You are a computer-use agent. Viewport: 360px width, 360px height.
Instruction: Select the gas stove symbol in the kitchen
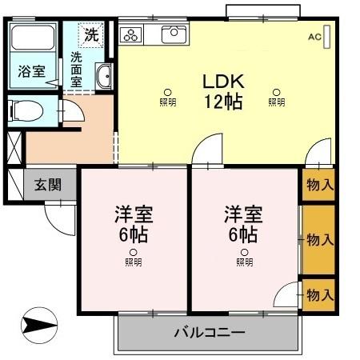(132, 34)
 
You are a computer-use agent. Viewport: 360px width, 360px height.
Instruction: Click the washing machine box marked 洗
(91, 35)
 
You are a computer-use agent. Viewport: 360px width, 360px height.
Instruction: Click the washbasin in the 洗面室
(104, 77)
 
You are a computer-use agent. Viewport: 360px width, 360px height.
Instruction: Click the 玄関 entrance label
(46, 185)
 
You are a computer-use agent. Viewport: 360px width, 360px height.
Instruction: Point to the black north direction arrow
(40, 326)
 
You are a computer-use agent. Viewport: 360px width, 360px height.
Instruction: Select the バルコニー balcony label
(210, 332)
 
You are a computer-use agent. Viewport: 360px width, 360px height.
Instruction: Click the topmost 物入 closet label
(320, 185)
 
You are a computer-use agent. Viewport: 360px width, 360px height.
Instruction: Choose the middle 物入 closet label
(320, 239)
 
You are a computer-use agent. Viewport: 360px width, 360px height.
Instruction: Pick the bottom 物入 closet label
(320, 294)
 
